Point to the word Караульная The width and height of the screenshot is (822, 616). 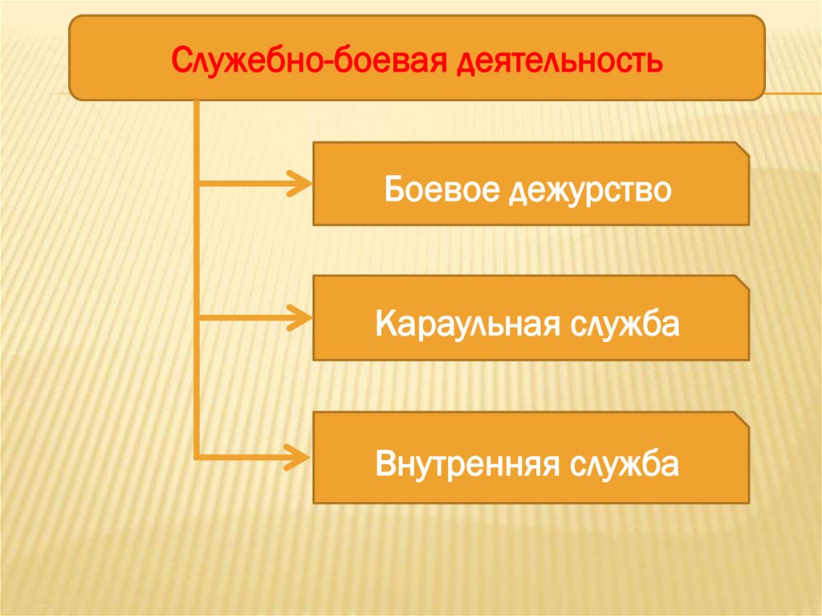tap(462, 324)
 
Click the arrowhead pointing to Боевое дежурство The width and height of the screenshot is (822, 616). tap(300, 185)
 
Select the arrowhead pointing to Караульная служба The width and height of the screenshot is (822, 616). tap(300, 319)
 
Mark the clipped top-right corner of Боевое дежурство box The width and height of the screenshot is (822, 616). tap(743, 149)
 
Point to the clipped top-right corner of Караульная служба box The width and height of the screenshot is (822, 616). tap(743, 283)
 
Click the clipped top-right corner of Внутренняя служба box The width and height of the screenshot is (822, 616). tap(743, 419)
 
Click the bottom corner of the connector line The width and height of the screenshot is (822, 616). tap(197, 458)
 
